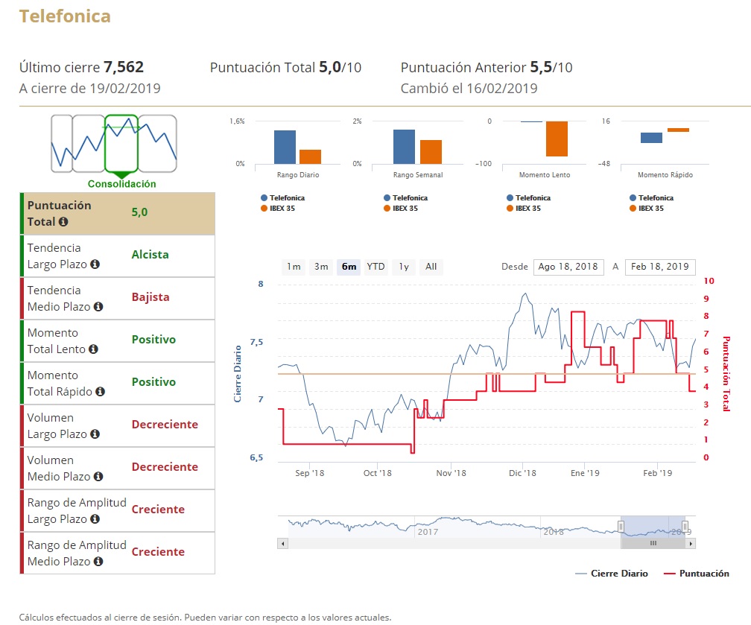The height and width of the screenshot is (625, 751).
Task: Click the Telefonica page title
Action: [x=65, y=16]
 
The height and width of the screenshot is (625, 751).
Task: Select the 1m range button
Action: [x=294, y=267]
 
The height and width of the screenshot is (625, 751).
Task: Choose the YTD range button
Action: [x=376, y=267]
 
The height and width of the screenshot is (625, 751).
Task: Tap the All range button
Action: [x=431, y=267]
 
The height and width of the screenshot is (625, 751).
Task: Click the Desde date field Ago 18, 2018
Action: [x=568, y=267]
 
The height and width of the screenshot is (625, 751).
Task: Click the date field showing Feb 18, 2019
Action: [x=659, y=267]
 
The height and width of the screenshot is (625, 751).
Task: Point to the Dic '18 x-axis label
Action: [x=522, y=473]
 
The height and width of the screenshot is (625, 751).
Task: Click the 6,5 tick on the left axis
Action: [x=256, y=457]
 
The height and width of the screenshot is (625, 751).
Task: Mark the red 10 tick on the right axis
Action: [x=709, y=281]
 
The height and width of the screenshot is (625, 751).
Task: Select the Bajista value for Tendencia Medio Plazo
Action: [x=150, y=297]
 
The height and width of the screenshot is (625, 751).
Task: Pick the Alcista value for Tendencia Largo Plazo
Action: [x=150, y=255]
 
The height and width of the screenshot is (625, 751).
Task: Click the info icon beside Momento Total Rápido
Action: [x=100, y=392]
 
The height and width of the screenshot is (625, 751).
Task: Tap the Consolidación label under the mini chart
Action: [x=121, y=184]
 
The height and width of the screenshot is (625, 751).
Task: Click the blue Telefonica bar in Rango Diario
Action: [x=285, y=147]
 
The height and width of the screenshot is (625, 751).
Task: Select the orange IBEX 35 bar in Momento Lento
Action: [x=557, y=139]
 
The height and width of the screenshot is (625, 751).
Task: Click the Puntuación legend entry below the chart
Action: [x=703, y=574]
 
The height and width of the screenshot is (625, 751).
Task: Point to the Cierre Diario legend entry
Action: [x=618, y=574]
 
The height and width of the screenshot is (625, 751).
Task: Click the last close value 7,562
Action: [x=124, y=67]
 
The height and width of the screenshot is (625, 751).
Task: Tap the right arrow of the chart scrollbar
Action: [x=691, y=544]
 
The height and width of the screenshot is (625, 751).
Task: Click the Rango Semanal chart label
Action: [x=418, y=175]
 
